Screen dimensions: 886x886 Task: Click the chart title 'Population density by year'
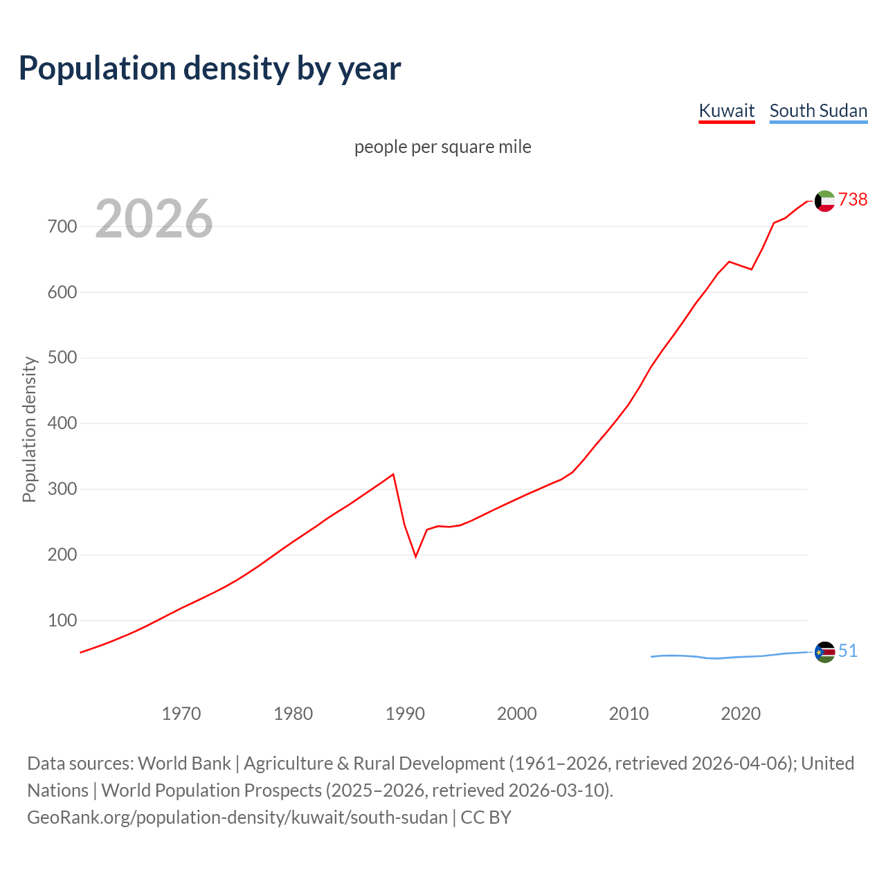(x=210, y=69)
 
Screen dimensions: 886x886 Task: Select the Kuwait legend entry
(x=726, y=111)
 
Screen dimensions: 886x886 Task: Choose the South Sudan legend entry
(x=818, y=111)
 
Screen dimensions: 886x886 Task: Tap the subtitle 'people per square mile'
(x=442, y=147)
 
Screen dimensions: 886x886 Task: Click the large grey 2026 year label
(x=154, y=219)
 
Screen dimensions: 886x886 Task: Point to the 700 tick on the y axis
(x=62, y=226)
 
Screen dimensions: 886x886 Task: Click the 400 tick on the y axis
(x=62, y=423)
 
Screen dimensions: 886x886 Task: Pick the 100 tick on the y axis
(x=62, y=620)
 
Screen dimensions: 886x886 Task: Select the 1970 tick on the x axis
(x=181, y=714)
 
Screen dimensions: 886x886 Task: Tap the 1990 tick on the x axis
(x=405, y=714)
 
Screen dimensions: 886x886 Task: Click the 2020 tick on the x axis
(x=741, y=714)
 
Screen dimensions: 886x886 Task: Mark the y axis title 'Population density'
(x=29, y=429)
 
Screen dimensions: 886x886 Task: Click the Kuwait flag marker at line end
(x=824, y=201)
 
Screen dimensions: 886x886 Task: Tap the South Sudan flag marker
(x=824, y=652)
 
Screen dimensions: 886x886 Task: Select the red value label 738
(x=853, y=199)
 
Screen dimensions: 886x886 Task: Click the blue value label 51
(x=848, y=651)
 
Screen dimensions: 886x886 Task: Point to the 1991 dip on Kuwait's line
(x=416, y=556)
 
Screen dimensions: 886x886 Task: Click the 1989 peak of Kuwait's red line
(x=393, y=474)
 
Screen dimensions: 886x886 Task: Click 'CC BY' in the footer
(x=486, y=817)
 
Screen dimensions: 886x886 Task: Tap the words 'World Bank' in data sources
(x=184, y=763)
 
